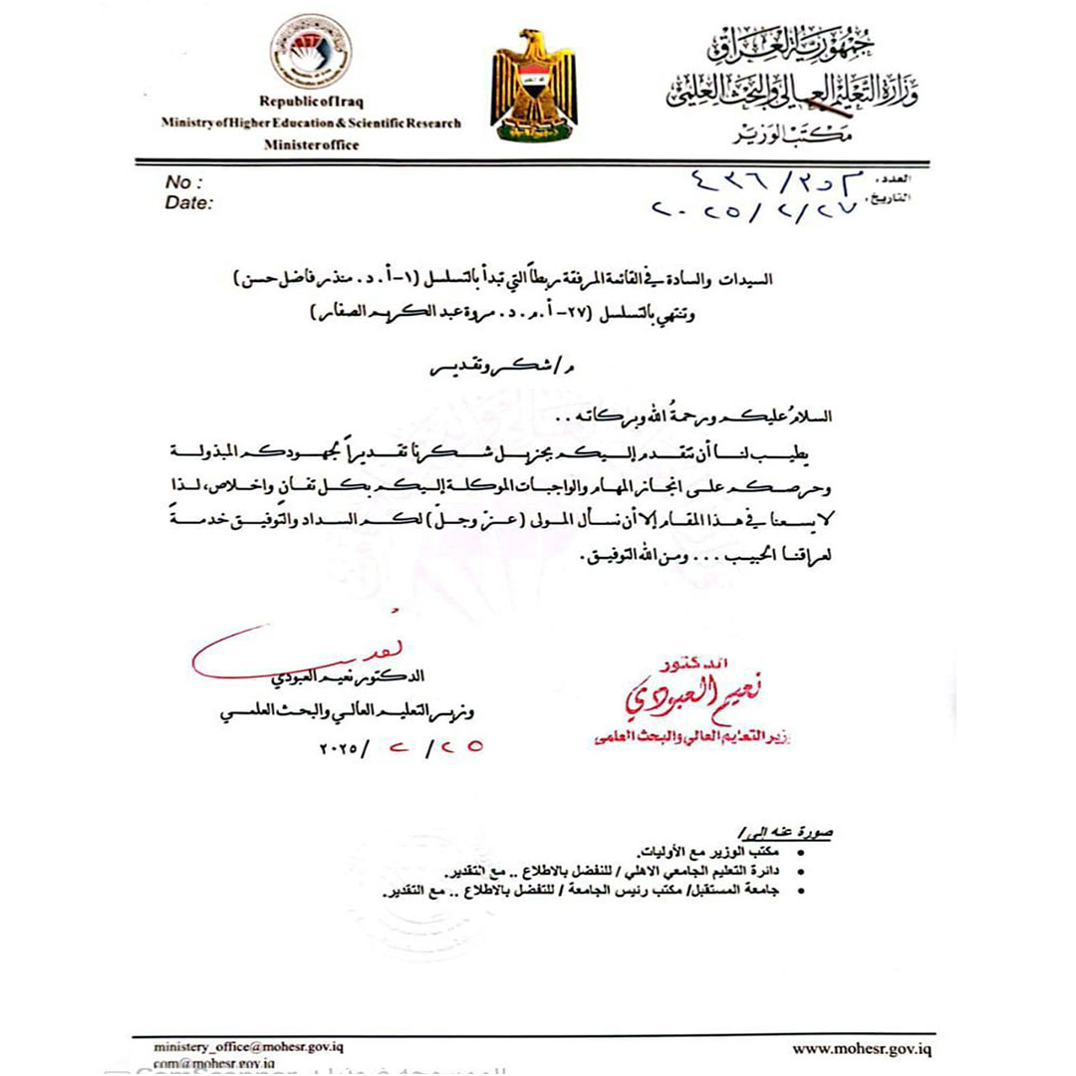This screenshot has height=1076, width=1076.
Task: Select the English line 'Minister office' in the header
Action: click(x=311, y=144)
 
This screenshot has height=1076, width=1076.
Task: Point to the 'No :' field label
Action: click(x=185, y=182)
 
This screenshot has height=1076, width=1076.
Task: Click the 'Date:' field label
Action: click(x=189, y=203)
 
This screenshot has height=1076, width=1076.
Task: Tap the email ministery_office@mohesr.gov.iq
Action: click(x=248, y=1048)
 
